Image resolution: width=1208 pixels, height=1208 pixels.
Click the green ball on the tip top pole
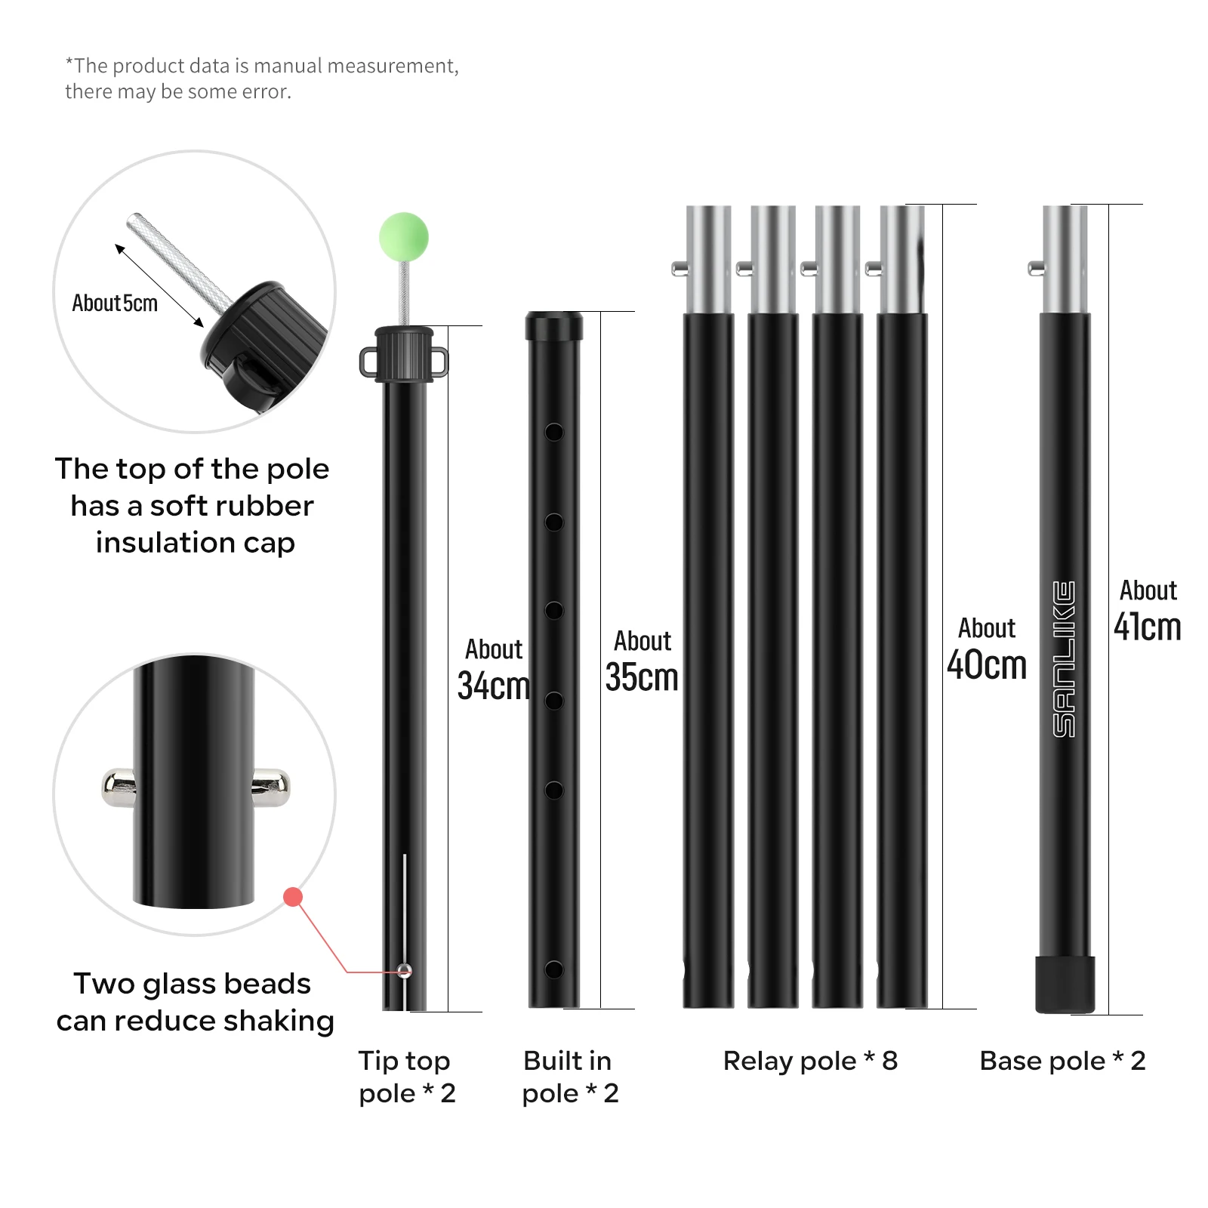404,237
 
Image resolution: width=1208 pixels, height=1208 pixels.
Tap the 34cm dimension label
494,686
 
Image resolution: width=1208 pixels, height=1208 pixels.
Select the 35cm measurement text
642,677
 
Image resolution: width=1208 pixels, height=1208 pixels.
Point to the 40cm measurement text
987,664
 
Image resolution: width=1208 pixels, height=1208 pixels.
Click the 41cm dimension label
1148,627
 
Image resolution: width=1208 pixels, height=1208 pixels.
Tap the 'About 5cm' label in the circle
115,304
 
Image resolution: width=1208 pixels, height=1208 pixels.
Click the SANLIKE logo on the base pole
1065,659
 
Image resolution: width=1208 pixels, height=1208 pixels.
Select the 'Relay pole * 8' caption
810,1061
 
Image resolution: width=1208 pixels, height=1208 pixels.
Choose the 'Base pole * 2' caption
1062,1061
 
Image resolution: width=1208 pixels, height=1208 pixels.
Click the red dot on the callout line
293,897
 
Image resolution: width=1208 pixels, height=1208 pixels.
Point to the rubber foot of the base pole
1065,985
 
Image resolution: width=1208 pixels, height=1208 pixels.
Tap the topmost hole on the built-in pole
554,433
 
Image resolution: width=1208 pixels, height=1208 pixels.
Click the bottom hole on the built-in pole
554,969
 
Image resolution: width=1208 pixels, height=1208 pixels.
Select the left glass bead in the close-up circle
119,787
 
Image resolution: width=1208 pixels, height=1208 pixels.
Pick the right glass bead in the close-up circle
271,787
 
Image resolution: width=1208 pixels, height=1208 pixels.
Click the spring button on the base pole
1036,267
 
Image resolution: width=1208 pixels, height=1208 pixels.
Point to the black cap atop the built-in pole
554,326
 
